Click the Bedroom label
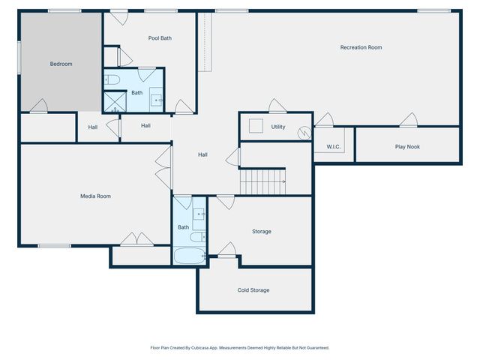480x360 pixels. tap(61, 64)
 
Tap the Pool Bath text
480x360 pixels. tap(160, 37)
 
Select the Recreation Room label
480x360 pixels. tap(361, 47)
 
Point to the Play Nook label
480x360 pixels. tap(407, 146)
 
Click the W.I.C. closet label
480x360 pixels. tap(334, 147)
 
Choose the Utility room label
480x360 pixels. tap(277, 127)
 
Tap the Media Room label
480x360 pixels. tap(95, 196)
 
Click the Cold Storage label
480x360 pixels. tap(253, 289)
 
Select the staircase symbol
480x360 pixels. tap(262, 181)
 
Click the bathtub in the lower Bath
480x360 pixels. tap(188, 256)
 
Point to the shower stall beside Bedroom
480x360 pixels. tap(113, 102)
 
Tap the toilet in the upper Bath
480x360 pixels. tap(110, 79)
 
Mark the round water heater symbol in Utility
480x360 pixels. tap(304, 132)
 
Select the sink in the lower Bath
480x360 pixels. tap(199, 215)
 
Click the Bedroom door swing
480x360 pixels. tap(40, 106)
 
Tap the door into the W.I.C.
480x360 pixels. tap(324, 119)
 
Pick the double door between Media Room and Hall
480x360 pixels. tap(163, 167)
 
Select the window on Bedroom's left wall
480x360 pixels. tap(19, 57)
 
